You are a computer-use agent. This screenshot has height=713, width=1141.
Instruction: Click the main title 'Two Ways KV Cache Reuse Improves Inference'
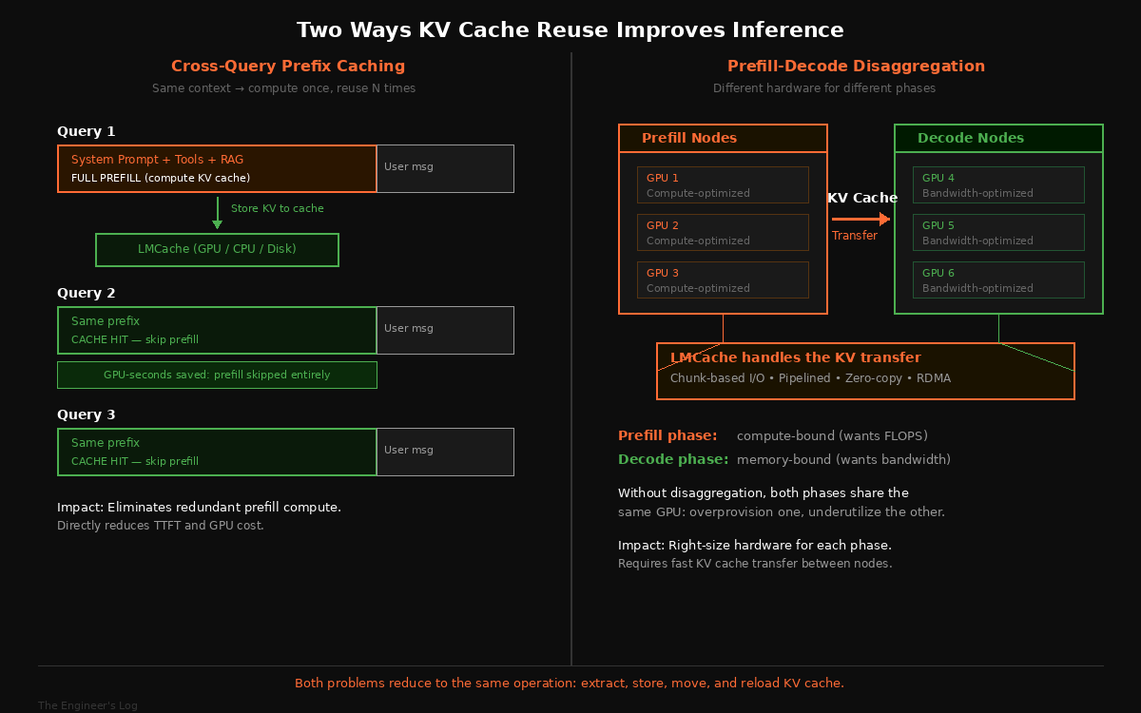570,29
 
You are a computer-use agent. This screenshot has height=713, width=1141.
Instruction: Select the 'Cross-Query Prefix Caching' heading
287,66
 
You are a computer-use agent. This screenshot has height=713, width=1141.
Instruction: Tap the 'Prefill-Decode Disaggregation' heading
856,66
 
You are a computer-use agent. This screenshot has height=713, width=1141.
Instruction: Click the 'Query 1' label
86,131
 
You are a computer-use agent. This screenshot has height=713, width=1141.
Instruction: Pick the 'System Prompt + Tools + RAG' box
218,168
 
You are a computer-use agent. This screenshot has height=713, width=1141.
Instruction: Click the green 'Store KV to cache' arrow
218,212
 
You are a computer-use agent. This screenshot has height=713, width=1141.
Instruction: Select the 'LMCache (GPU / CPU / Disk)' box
217,249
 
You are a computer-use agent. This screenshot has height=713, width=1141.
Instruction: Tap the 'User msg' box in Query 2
445,329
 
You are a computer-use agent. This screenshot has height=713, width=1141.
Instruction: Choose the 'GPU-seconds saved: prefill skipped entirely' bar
217,375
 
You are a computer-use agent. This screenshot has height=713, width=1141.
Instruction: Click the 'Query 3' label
86,414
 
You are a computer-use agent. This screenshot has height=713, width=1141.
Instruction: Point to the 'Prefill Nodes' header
723,138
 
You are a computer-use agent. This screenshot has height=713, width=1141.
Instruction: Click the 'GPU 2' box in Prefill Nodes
723,232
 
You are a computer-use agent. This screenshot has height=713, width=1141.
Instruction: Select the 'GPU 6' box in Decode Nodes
998,279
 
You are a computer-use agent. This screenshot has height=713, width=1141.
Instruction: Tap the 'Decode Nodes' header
998,138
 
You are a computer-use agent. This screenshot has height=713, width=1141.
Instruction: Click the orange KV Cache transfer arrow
861,219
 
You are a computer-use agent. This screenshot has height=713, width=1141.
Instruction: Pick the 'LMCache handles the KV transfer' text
795,358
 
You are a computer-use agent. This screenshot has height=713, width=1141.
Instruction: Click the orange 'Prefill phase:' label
667,435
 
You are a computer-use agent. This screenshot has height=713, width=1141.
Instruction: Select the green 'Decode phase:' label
673,459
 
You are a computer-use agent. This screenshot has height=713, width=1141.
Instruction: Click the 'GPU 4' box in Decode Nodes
998,184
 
